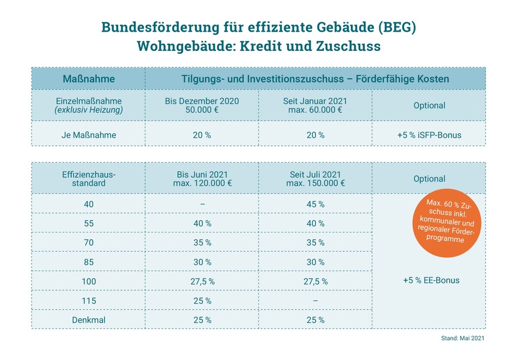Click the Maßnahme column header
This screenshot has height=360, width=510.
(88, 78)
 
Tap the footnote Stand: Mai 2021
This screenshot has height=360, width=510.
(462, 339)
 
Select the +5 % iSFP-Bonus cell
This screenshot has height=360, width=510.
(429, 135)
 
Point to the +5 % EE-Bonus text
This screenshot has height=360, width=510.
(431, 280)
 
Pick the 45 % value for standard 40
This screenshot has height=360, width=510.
(315, 204)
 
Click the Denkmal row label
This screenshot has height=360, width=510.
(88, 320)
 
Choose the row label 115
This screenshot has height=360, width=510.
(88, 300)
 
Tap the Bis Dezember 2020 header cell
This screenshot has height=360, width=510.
(202, 105)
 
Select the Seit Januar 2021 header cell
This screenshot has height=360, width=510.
(315, 105)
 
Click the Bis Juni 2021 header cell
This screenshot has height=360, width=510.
(202, 179)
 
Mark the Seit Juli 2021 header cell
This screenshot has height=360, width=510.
(315, 179)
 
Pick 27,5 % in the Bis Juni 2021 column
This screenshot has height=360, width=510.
(202, 281)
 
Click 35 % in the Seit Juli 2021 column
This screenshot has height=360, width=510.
(315, 243)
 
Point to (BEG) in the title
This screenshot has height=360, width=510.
(397, 28)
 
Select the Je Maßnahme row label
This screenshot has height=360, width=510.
(88, 135)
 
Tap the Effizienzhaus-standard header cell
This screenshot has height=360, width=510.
(88, 179)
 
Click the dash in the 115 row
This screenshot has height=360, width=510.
(315, 300)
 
